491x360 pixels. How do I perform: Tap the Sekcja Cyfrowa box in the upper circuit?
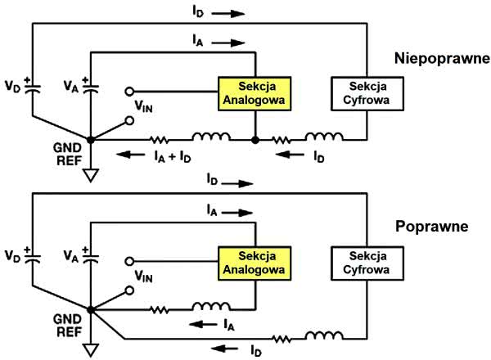click(365, 93)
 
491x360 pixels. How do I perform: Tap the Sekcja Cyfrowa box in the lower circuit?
click(365, 259)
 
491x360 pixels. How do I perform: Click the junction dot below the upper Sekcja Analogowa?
click(255, 140)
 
